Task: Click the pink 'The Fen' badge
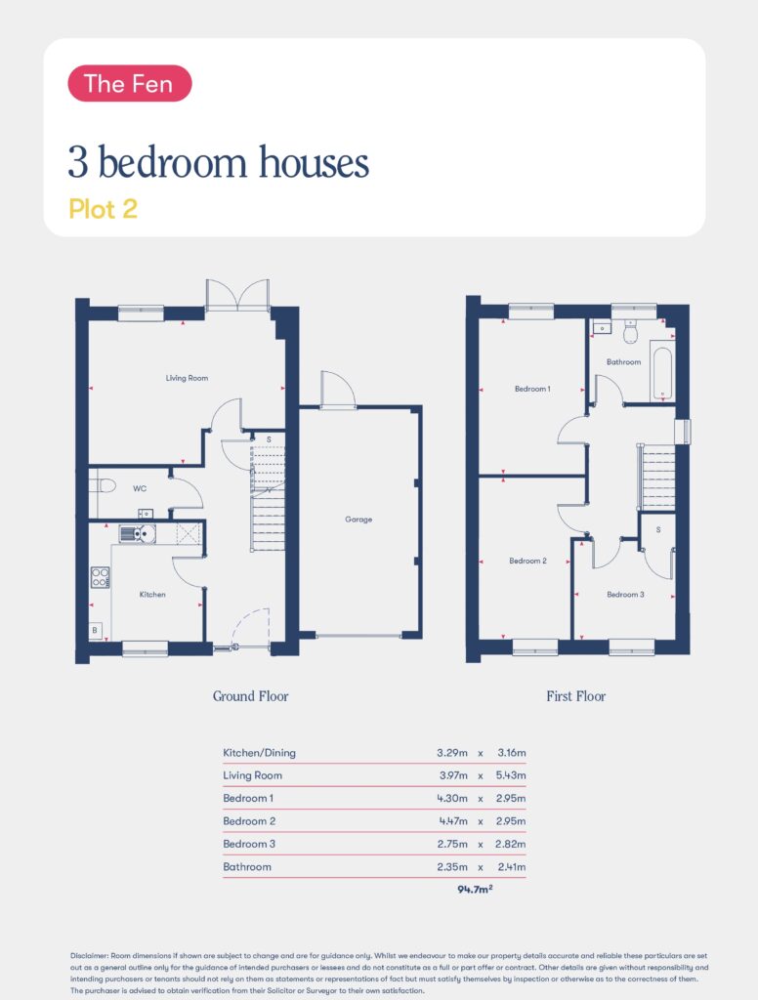(130, 84)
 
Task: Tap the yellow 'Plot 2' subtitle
(103, 209)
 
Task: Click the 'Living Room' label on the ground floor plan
(187, 378)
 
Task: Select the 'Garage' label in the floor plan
(358, 520)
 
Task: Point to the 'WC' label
(140, 488)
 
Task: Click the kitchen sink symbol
(137, 533)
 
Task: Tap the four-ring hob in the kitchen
(101, 577)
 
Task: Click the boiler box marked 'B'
(95, 630)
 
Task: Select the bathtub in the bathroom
(662, 373)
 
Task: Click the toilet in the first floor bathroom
(631, 330)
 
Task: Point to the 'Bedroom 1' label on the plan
(532, 389)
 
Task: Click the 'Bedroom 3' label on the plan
(625, 595)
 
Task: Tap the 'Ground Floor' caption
(251, 695)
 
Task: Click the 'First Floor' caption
(575, 695)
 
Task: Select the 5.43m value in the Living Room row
(511, 775)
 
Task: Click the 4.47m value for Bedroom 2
(453, 820)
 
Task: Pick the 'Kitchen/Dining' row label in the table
(259, 753)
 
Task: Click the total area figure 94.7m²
(475, 889)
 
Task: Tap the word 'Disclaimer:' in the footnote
(89, 956)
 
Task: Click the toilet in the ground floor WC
(104, 486)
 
